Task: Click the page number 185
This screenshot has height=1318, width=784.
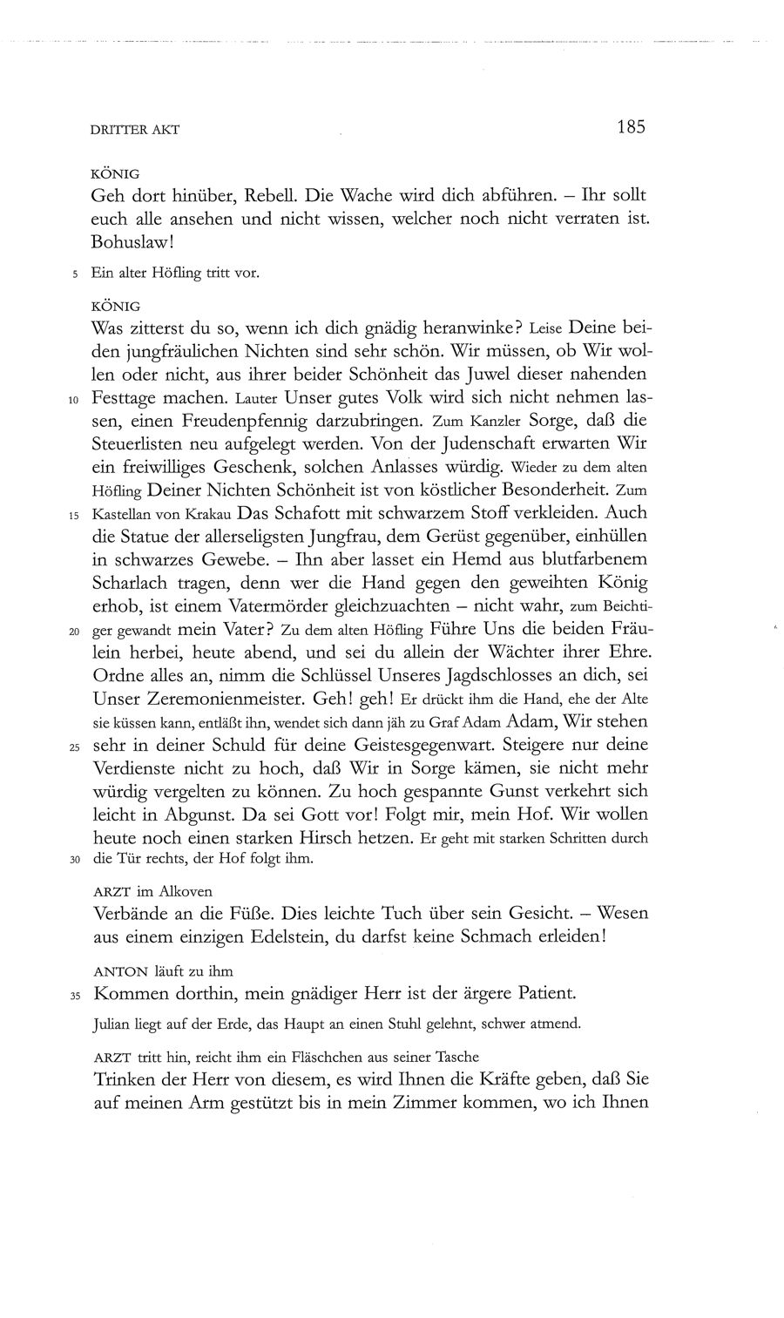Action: [x=630, y=127]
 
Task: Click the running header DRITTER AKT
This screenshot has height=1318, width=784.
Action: [x=134, y=130]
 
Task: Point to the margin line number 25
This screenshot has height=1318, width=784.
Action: [x=73, y=747]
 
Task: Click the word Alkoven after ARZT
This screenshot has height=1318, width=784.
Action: [x=185, y=891]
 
